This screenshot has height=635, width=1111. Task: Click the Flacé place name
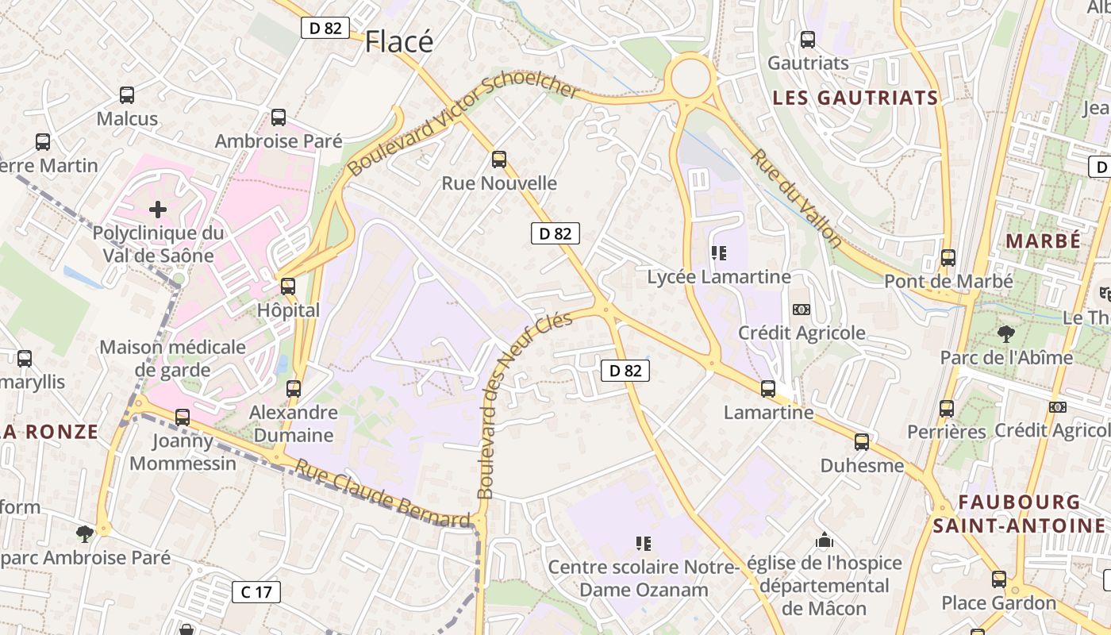coord(399,42)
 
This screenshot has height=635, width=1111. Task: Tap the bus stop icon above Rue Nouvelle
coord(498,159)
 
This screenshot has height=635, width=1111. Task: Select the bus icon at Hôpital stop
coord(287,286)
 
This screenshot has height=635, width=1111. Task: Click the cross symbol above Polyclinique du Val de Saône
coord(158,210)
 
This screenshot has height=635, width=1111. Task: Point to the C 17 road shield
coord(256,591)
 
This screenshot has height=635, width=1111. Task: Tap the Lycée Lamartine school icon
coord(719,253)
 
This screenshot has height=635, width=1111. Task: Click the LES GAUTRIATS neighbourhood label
coord(855,98)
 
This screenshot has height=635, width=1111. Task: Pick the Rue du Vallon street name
coord(795,198)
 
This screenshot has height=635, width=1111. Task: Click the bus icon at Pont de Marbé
coord(948,257)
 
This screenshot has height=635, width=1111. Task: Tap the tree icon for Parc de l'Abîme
coord(1005,333)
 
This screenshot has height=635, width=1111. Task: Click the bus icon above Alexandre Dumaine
coord(294,388)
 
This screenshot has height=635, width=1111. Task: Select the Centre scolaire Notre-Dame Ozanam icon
coord(644,544)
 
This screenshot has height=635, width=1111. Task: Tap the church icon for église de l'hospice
coord(825,541)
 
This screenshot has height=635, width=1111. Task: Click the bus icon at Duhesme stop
coord(862,441)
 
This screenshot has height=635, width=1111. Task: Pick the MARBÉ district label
coord(1043,241)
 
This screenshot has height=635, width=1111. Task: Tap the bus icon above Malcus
coord(127,95)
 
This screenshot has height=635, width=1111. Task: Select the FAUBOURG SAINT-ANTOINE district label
coord(1019,514)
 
